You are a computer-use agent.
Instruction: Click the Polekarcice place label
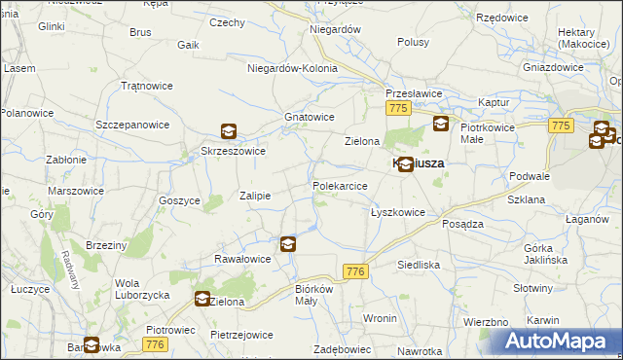coord(340,185)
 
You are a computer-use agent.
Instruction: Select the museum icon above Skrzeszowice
coord(228,131)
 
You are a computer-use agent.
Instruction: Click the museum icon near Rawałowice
coord(288,244)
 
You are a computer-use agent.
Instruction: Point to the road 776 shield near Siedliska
coord(354,273)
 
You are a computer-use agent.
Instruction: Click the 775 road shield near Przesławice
coord(396,109)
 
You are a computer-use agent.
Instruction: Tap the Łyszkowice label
coord(397,211)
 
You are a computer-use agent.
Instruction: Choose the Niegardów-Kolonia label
coord(292,68)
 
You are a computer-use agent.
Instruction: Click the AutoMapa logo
coord(556,342)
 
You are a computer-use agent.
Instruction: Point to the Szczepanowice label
coord(132,125)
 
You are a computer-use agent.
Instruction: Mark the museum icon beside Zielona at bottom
coord(202,300)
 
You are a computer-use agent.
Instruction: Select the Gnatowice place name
coord(310,117)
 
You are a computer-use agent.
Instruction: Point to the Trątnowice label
coord(146,86)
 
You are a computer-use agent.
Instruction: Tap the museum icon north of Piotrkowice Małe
coord(441,123)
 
